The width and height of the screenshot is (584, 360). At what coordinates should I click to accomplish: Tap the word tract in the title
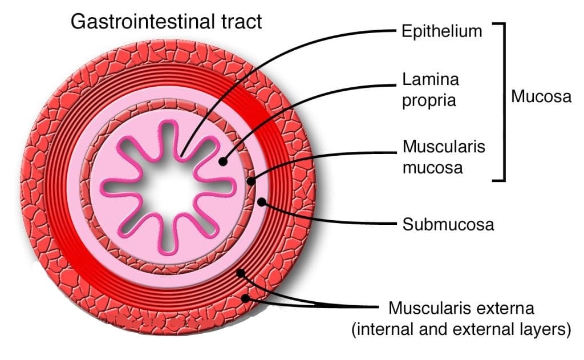240,22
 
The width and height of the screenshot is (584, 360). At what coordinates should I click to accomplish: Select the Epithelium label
442,31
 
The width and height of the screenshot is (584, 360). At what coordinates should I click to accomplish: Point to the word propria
429,100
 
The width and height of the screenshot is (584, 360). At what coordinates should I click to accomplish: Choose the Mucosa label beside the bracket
541,96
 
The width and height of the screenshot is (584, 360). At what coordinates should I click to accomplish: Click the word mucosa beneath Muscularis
431,168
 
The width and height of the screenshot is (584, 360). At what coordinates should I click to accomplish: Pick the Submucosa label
448,224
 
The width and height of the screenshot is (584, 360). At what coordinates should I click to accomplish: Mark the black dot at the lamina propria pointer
223,161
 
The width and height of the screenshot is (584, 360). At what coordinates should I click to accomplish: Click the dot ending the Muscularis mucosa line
252,182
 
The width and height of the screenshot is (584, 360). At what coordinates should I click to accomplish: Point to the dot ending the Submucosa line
262,201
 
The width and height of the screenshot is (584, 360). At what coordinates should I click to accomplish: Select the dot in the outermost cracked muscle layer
246,297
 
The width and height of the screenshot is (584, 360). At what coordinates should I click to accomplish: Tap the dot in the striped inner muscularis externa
241,273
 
